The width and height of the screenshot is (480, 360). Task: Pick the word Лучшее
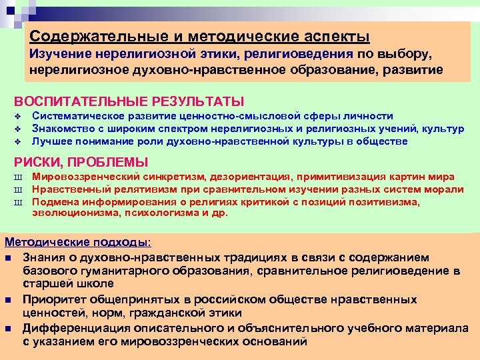tap(51, 141)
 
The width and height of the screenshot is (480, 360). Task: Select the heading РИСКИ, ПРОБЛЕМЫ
tap(81, 162)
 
